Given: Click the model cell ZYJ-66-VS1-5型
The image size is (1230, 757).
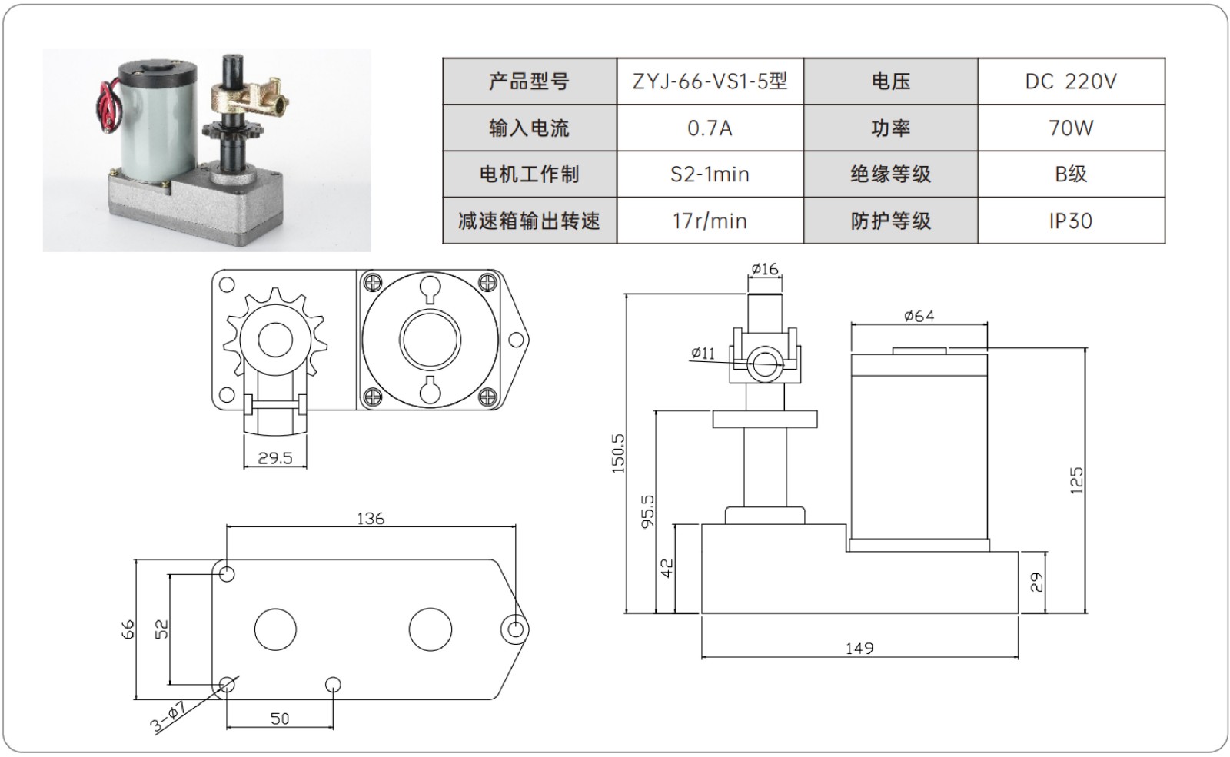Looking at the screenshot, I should (x=710, y=81).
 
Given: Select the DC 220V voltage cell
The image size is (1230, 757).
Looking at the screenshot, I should (x=1071, y=81).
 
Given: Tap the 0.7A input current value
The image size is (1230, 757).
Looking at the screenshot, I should (x=710, y=128).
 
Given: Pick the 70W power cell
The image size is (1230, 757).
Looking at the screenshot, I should (x=1071, y=128).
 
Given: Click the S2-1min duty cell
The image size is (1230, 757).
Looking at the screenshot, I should (x=710, y=174).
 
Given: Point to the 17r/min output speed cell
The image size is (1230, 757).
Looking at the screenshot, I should (x=710, y=221).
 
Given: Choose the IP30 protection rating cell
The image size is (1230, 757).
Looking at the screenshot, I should (x=1071, y=221).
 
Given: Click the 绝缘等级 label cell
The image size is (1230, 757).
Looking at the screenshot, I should (x=890, y=174).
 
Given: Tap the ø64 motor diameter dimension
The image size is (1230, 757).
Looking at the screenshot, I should (x=919, y=316).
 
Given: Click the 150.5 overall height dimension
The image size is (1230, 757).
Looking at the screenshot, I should (x=619, y=453).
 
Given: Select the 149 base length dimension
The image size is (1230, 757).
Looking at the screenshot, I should (x=859, y=649).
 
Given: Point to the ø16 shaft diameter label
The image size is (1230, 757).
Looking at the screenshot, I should (x=765, y=269).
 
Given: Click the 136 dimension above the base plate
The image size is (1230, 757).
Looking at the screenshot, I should (x=371, y=519).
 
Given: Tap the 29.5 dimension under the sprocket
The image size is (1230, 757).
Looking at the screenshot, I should (x=275, y=458).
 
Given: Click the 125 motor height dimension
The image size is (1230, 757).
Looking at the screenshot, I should (x=1076, y=480).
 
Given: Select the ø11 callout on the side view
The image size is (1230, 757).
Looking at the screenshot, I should (x=703, y=354).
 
